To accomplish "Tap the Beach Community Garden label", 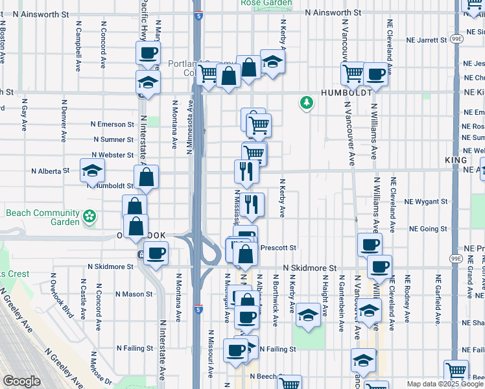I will pos(43,217).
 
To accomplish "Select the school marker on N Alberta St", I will pos(92,171).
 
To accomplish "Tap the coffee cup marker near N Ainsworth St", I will pos(148,53).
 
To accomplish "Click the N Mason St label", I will pos(134,294).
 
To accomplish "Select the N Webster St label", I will pos(112,155).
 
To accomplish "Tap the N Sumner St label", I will pos(113,139).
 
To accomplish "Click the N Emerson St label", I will pos(112,124).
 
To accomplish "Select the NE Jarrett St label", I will pos(427,40).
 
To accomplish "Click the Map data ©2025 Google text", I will pos(444,384).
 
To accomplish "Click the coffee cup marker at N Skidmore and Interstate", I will pos(155,253).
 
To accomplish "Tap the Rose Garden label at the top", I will pos(266,3).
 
